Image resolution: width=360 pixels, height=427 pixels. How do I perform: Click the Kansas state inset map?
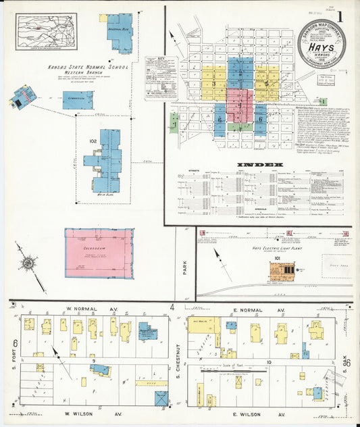click(x=47, y=32)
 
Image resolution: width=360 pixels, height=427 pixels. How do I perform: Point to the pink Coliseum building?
click(x=99, y=253)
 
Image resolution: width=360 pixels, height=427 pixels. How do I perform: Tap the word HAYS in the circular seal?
click(x=321, y=48)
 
